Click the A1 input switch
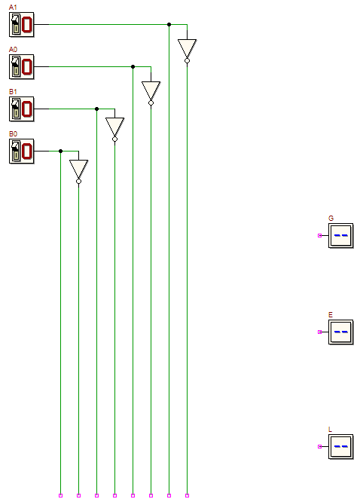[21, 25]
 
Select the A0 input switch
[21, 67]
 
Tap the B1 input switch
[21, 109]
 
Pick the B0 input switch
[21, 152]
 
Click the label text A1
[13, 7]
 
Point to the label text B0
[13, 134]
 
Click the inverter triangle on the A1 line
[188, 49]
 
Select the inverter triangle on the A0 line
[151, 91]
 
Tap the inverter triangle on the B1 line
[115, 127]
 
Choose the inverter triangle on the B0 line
[79, 170]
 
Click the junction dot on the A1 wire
[169, 25]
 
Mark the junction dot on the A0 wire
[133, 67]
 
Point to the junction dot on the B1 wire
[97, 109]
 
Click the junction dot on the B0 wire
[61, 151]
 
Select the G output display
[341, 236]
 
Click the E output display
[341, 332]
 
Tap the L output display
[341, 447]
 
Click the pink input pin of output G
[319, 236]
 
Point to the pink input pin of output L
[319, 447]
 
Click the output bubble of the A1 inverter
[188, 61]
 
